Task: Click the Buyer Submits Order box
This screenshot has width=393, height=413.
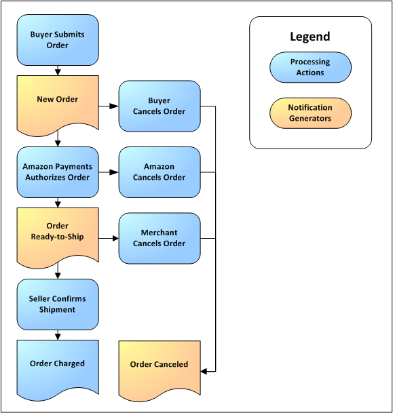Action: pyautogui.click(x=58, y=40)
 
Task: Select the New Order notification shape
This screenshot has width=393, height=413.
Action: pyautogui.click(x=58, y=100)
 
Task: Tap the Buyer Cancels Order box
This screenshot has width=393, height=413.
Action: pyautogui.click(x=160, y=106)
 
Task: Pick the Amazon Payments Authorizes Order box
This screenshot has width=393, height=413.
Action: pyautogui.click(x=58, y=172)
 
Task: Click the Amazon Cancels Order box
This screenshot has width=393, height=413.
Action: pyautogui.click(x=160, y=172)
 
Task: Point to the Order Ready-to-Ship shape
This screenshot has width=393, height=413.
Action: pyautogui.click(x=58, y=231)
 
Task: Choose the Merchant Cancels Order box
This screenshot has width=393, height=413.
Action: pyautogui.click(x=160, y=238)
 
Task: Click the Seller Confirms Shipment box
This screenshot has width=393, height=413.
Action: pyautogui.click(x=58, y=304)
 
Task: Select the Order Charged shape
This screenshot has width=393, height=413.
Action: pyautogui.click(x=58, y=364)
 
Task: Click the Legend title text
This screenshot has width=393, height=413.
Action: pyautogui.click(x=310, y=37)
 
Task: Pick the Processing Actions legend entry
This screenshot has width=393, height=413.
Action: pyautogui.click(x=310, y=67)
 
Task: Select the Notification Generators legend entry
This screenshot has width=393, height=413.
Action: pyautogui.click(x=310, y=113)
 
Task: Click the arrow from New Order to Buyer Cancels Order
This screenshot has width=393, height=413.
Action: pyautogui.click(x=109, y=106)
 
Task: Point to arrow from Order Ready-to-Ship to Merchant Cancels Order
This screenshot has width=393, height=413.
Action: pyautogui.click(x=109, y=238)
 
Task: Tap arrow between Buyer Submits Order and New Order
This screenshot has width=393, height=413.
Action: pyautogui.click(x=58, y=69)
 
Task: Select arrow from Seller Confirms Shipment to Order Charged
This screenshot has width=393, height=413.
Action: pyautogui.click(x=58, y=334)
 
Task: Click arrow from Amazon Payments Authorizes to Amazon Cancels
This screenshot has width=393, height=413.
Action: pyautogui.click(x=109, y=172)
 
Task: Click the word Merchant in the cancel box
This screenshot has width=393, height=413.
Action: pyautogui.click(x=160, y=233)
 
